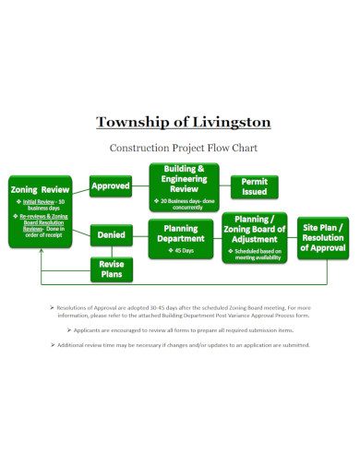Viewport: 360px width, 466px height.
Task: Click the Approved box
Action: [110, 186]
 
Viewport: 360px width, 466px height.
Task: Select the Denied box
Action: [111, 235]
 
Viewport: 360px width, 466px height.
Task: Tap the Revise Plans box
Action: [111, 269]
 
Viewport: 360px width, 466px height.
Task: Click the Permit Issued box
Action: [255, 186]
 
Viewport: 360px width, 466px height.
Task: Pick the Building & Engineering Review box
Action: [183, 187]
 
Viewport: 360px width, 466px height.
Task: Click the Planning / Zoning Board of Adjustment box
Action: [254, 238]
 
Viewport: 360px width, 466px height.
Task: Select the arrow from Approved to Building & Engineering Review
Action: [140, 186]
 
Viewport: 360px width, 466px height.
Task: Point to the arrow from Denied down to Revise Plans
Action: [111, 251]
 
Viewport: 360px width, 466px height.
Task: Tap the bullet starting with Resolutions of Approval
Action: [181, 310]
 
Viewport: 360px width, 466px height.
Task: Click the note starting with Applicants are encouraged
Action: [181, 329]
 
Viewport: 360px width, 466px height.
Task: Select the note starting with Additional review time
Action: [181, 344]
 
